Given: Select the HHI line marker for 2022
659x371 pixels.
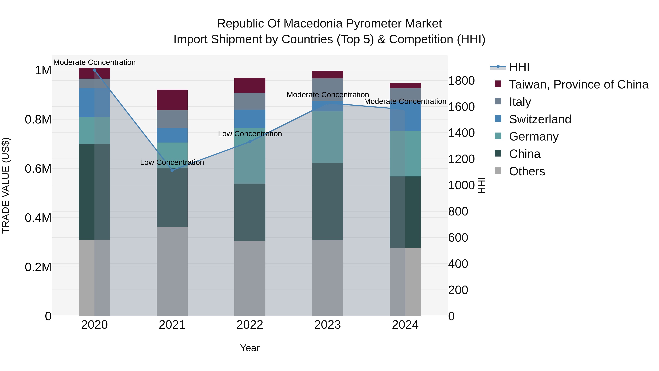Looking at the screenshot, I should point(250,142).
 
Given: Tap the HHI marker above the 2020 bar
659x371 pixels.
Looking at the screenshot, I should point(94,70).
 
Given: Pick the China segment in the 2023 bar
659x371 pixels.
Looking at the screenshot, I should point(327,201).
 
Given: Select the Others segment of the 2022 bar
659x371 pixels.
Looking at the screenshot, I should point(250,278).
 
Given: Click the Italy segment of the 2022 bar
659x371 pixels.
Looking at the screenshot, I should point(250,101).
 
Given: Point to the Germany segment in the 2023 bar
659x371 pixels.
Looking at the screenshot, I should point(327,137).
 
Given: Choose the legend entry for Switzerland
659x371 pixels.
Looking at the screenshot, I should point(540,119).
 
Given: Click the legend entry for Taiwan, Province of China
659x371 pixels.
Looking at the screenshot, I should point(578,84).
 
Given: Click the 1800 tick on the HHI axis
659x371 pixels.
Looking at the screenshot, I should point(461,81).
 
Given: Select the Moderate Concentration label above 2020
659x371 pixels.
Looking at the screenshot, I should point(94,62).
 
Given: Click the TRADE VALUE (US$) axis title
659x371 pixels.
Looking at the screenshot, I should point(6,185).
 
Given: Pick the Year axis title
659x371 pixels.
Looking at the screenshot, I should point(250,348).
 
